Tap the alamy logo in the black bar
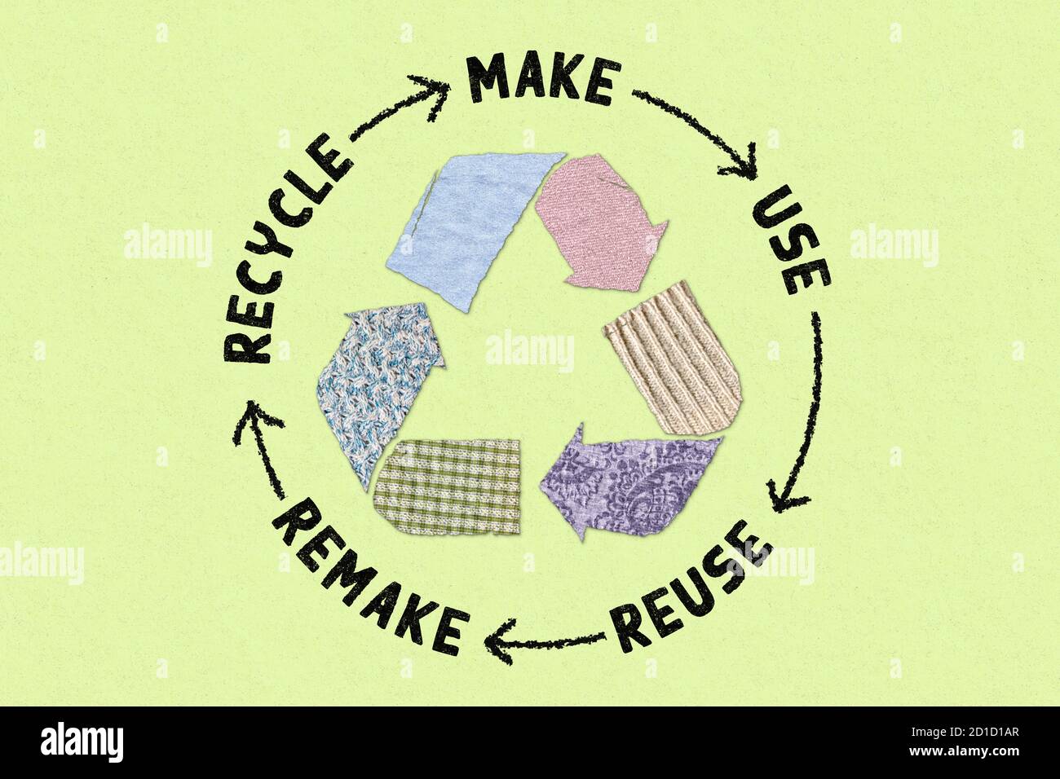(x=82, y=742)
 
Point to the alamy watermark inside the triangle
(x=529, y=350)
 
